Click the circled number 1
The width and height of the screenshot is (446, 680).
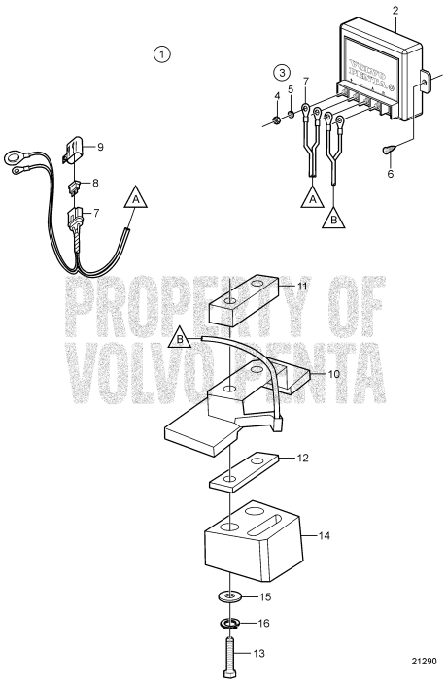click(x=163, y=52)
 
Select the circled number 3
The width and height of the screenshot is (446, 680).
click(x=282, y=72)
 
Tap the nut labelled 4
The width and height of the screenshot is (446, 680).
click(x=276, y=120)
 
